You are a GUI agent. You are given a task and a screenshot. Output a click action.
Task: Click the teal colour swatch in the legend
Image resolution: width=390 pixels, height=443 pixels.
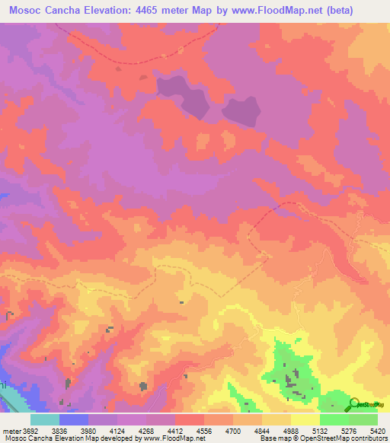click(45, 419)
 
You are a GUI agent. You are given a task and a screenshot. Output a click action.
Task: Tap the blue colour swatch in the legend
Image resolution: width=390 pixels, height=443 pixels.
click(74, 419)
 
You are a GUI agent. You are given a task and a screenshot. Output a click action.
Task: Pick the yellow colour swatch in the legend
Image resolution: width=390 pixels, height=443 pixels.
click(305, 419)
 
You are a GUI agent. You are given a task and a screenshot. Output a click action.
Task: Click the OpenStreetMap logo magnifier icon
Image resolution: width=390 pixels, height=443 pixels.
click(353, 403)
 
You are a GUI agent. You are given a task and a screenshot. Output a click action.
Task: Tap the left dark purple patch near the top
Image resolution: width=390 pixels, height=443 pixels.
click(183, 95)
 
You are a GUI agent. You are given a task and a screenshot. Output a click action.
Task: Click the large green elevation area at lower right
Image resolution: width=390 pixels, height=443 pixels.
click(293, 373)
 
